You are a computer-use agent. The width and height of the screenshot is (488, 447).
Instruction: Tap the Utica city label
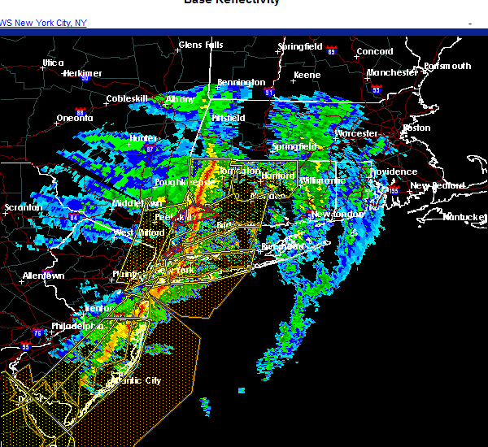[x=54, y=63]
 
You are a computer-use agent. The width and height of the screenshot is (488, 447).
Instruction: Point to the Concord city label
[x=375, y=52]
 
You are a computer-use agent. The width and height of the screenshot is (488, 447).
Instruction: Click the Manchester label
[x=392, y=72]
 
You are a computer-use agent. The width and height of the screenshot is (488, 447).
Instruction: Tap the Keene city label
[x=307, y=75]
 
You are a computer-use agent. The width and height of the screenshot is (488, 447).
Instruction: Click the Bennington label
[x=241, y=82]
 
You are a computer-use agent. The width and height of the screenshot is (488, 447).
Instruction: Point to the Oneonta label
[x=74, y=118]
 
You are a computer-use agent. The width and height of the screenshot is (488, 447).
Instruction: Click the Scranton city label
[x=22, y=207]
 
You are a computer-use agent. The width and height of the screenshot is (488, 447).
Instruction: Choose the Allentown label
[x=43, y=276]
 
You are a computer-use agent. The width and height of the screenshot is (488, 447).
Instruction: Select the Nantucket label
[x=464, y=216]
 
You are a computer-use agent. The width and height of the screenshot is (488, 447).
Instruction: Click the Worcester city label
[x=356, y=132]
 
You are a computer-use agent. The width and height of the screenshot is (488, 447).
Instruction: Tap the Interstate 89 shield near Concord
[x=332, y=50]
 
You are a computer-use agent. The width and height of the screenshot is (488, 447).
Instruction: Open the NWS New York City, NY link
[x=42, y=23]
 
